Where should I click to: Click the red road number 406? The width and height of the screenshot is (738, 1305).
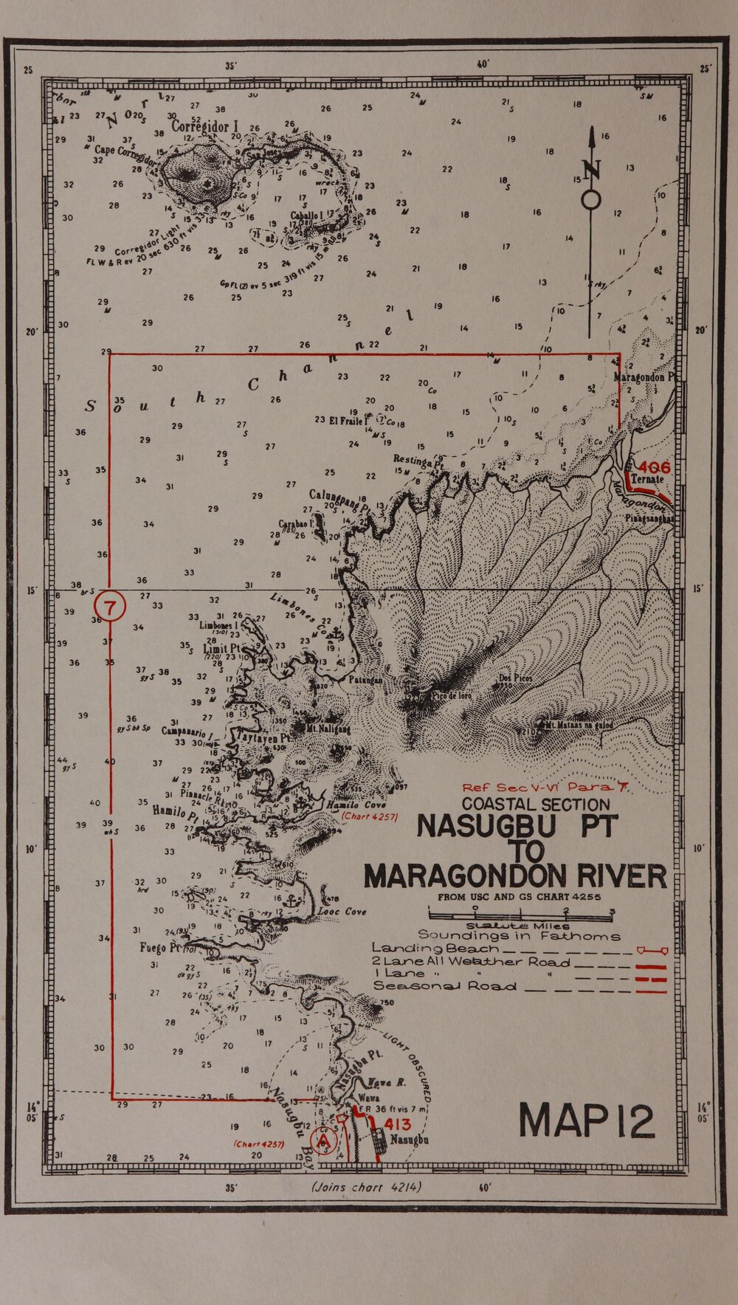click(x=655, y=467)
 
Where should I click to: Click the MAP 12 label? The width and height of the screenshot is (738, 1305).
click(x=587, y=1121)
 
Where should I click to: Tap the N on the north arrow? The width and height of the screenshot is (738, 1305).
click(x=592, y=171)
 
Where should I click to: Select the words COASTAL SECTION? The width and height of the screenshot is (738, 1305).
click(x=537, y=805)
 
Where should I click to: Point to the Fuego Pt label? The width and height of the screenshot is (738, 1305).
click(x=162, y=948)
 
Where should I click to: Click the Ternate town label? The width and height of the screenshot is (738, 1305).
click(x=649, y=480)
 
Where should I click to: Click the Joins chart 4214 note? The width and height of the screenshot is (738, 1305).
click(x=366, y=1188)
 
